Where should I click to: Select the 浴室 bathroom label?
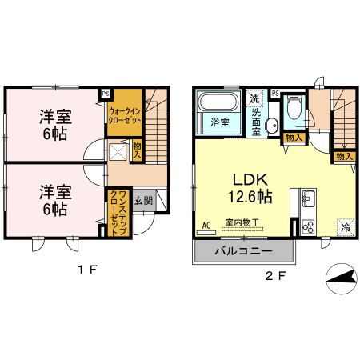pyautogui.click(x=219, y=123)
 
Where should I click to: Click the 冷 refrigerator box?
pyautogui.click(x=345, y=227)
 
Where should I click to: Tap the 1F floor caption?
pyautogui.click(x=87, y=269)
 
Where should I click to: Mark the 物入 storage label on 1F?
pyautogui.click(x=137, y=150)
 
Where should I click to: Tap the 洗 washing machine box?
pyautogui.click(x=254, y=98)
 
